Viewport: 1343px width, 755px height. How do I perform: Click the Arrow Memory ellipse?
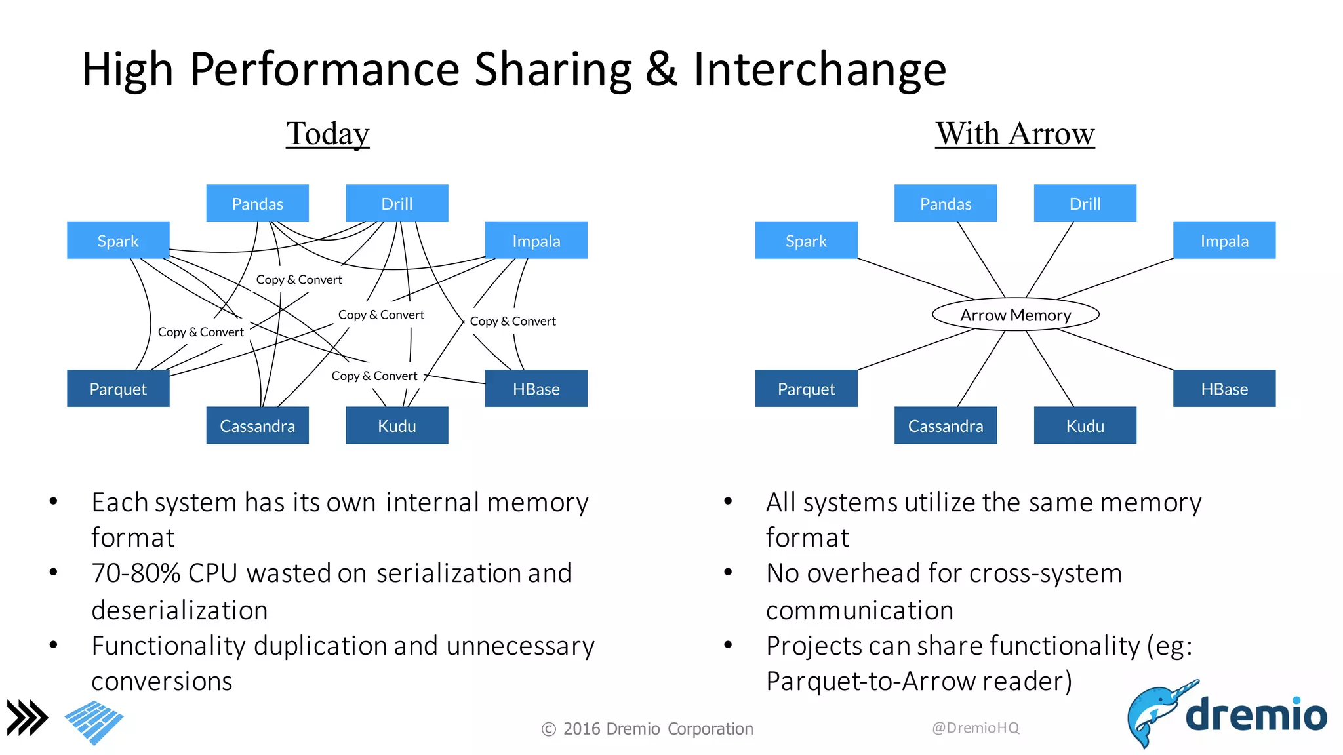click(1015, 315)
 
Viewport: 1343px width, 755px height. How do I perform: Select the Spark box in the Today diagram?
click(118, 241)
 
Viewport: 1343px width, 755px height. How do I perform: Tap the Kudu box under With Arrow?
click(1085, 425)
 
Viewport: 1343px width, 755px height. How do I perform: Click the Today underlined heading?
click(327, 134)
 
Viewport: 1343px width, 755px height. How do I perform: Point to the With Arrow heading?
click(1014, 134)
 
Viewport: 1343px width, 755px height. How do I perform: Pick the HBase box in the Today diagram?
click(536, 389)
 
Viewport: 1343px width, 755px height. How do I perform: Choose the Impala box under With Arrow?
click(1224, 241)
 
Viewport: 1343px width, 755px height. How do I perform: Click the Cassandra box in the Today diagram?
click(257, 425)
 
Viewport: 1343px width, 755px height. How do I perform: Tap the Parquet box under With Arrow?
click(806, 389)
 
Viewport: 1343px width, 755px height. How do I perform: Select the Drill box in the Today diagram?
click(397, 203)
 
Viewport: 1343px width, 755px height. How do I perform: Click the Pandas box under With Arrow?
click(945, 203)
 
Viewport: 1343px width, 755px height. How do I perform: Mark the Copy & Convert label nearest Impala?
click(513, 321)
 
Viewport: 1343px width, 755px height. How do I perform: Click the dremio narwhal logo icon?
click(1154, 714)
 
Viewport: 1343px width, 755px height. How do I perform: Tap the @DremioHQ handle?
click(975, 727)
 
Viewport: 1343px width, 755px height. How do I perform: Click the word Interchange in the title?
click(820, 69)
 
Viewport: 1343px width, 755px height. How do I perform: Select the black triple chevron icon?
click(27, 718)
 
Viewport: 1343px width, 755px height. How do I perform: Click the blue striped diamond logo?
click(94, 722)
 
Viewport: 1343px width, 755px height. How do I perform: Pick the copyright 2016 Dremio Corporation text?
click(647, 729)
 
